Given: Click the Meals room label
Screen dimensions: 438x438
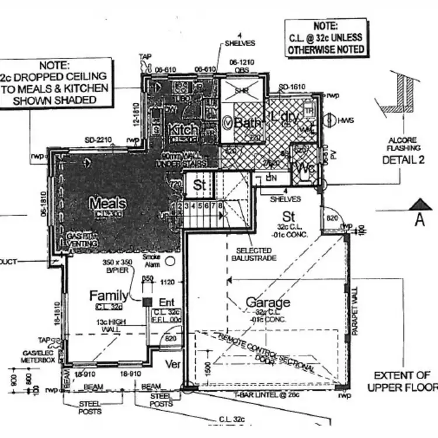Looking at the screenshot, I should [108, 203].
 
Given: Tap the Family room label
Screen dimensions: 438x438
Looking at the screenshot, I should [108, 295].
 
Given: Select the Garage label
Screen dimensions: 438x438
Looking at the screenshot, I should [267, 303].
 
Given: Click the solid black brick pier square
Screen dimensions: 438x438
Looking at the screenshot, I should [147, 301].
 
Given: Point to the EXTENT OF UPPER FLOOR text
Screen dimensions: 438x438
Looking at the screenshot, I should [402, 381].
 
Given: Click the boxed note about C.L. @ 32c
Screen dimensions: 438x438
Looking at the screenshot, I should [326, 39].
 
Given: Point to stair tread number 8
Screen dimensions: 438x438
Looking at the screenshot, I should [221, 206].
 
